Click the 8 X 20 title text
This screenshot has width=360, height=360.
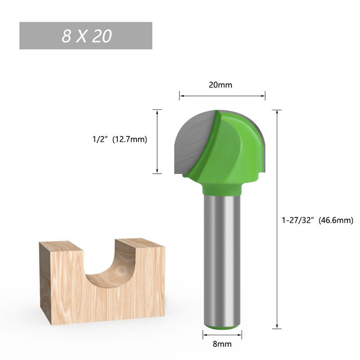[86, 36]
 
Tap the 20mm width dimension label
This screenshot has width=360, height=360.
[220, 85]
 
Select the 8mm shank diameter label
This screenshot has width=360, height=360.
[222, 344]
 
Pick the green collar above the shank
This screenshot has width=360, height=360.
[221, 188]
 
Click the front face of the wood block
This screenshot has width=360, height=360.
[103, 301]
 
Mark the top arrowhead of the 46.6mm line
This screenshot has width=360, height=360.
[277, 112]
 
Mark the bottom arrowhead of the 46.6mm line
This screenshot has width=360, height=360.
[277, 326]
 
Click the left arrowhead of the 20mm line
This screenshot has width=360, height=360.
[182, 95]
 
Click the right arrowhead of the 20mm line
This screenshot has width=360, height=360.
[263, 95]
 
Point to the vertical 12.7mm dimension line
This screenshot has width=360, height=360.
[157, 141]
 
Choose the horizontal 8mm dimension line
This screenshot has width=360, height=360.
[222, 334]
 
